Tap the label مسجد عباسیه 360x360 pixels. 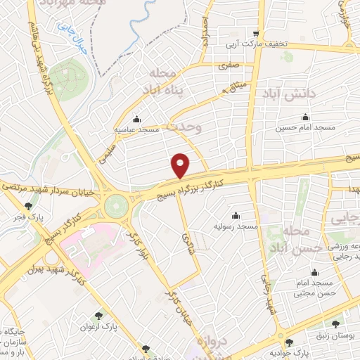(x=139, y=131)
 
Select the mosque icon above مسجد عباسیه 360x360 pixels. (x=136, y=118)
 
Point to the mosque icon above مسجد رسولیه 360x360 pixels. (x=235, y=215)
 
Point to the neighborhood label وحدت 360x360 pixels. (x=184, y=127)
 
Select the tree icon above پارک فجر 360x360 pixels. (x=28, y=206)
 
